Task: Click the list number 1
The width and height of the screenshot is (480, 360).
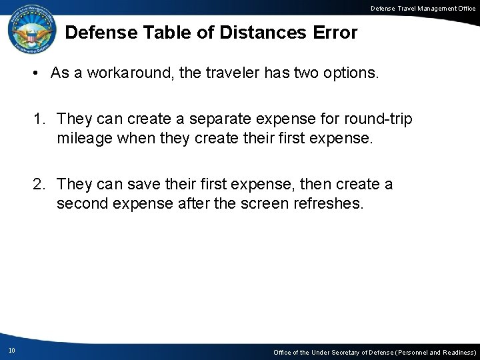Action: click(39, 120)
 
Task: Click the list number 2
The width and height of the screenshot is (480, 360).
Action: click(39, 185)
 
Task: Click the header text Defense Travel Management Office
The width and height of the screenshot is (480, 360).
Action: click(418, 7)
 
